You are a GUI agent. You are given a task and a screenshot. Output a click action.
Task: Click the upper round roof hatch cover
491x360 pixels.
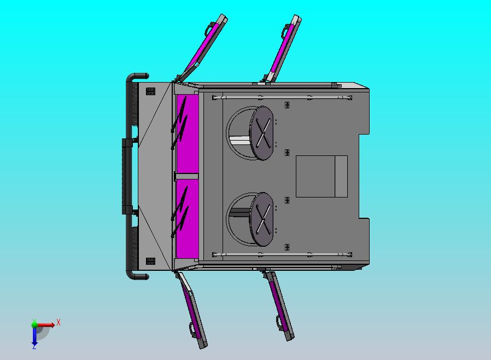point(261,133)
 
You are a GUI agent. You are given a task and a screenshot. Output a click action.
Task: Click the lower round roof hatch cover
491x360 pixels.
point(261,219)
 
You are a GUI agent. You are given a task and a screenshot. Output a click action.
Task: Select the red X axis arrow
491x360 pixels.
point(45,324)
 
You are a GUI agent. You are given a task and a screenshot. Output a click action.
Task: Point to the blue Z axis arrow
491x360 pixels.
point(34,336)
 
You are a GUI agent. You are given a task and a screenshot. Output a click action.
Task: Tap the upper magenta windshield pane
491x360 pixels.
point(187,133)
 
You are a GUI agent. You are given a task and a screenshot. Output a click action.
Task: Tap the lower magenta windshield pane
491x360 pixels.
point(187,218)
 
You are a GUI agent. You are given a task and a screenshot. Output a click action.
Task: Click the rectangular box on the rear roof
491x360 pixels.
point(322,176)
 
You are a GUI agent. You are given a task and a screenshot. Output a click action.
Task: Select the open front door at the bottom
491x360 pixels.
point(191,310)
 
